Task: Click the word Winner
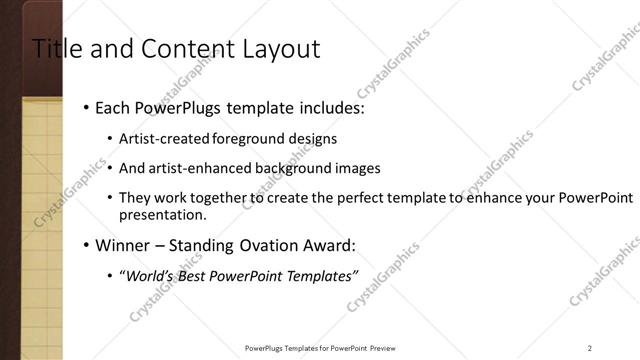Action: tap(119, 245)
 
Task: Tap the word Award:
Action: tap(327, 245)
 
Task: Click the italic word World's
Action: tap(147, 277)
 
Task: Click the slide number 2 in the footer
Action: tap(590, 348)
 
